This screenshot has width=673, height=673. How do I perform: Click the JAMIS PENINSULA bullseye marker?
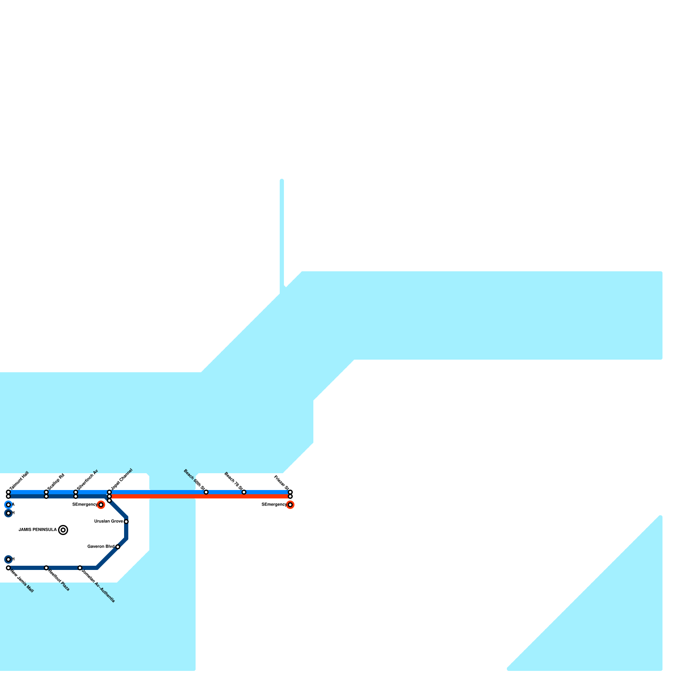[63, 530]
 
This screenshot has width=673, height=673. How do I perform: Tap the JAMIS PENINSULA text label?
[37, 530]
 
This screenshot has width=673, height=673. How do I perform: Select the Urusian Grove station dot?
[126, 522]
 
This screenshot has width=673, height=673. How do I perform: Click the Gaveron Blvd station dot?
[118, 547]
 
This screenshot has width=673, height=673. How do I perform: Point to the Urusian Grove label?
[108, 522]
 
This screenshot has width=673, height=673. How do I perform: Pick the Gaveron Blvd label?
[101, 547]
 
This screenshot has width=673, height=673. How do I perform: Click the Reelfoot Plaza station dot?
[46, 568]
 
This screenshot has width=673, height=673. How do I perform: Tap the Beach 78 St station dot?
[244, 492]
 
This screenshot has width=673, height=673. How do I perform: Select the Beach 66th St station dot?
[206, 492]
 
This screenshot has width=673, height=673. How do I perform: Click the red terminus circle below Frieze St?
[290, 505]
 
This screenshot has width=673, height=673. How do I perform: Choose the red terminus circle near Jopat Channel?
[101, 505]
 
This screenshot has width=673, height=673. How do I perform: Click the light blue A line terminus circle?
[8, 505]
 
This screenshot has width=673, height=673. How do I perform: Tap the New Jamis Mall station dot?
[8, 568]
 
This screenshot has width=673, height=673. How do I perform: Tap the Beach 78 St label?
[234, 482]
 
